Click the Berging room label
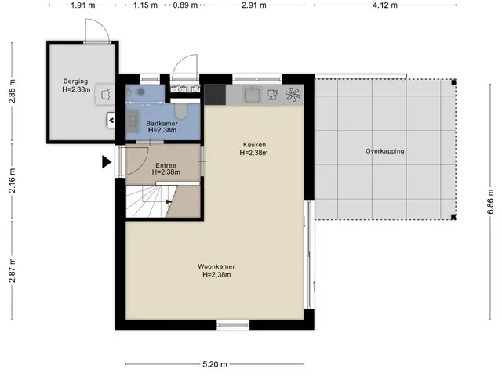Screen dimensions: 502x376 point(75,81)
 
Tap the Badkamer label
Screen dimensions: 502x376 point(162,124)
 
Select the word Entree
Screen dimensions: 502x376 point(166,165)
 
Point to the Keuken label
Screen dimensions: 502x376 point(254,144)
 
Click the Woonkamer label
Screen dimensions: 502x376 point(216,266)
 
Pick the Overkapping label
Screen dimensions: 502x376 point(385,151)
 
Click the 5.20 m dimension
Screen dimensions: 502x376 point(215,364)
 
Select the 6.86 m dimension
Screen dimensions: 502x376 point(490,201)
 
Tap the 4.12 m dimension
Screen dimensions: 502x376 point(385,5)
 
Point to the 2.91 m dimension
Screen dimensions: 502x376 point(254,5)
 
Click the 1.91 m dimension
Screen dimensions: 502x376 point(83,5)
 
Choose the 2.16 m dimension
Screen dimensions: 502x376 point(13,181)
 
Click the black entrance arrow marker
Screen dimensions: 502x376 point(107,162)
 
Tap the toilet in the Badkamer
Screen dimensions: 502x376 point(181,110)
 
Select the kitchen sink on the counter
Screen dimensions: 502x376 point(253,95)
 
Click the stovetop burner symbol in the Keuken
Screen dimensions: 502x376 point(293,95)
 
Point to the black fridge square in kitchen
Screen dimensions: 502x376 point(215,94)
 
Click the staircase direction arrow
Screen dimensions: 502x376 point(169,201)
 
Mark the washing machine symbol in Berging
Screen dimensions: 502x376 point(105,94)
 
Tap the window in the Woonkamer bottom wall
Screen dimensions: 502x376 point(233,325)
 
